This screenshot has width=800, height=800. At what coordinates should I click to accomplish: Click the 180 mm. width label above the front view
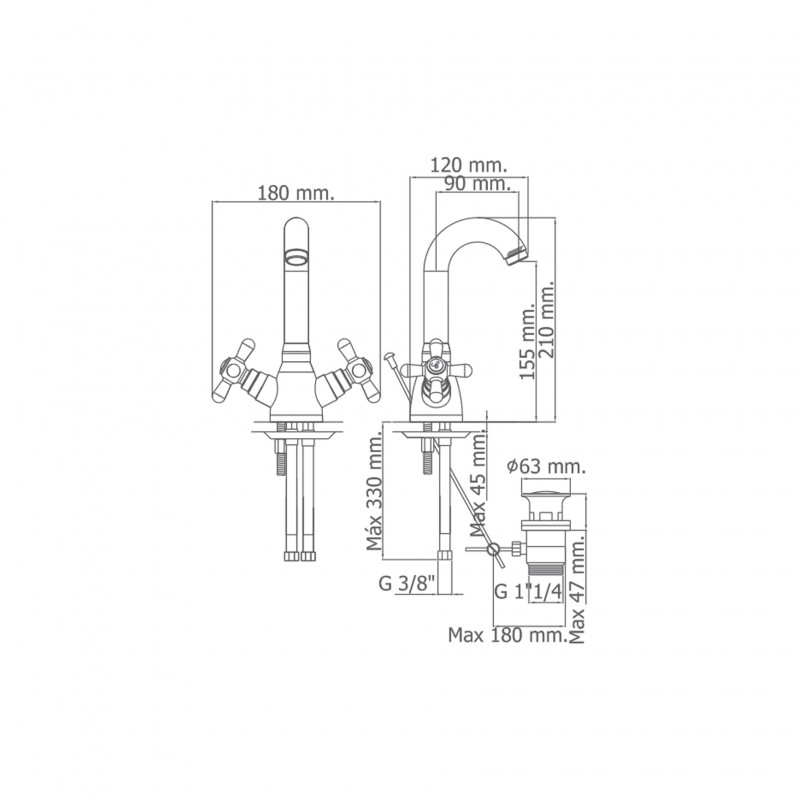point(295,193)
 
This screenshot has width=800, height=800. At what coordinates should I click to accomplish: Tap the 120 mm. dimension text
point(469,165)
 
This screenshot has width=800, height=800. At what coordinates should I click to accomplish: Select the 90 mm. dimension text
point(477,183)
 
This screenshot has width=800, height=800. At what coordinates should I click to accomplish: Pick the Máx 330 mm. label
point(374,491)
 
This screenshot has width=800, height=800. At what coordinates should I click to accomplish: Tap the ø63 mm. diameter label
point(546,466)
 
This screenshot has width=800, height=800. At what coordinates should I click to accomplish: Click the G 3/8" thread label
point(407,583)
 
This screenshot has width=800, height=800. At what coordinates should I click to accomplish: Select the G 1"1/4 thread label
point(528,592)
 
